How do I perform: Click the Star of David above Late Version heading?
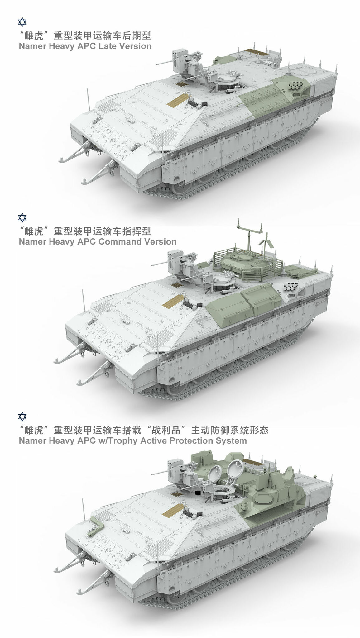[x=22, y=22]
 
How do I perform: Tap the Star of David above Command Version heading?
[x=22, y=217]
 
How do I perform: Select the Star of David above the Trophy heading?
[x=22, y=417]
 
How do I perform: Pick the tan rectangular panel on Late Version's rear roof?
[x=253, y=51]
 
